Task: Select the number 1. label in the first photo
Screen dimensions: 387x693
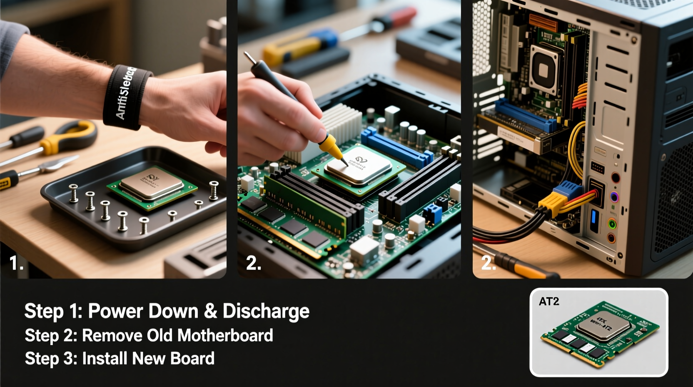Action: (x=16, y=263)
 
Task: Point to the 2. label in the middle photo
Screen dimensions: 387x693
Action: (x=253, y=263)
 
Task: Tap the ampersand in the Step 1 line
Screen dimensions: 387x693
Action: (x=210, y=312)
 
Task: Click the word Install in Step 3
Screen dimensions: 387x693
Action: (x=105, y=359)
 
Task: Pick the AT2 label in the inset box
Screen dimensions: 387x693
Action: (x=549, y=302)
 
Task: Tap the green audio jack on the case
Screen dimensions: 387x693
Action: (x=612, y=224)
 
